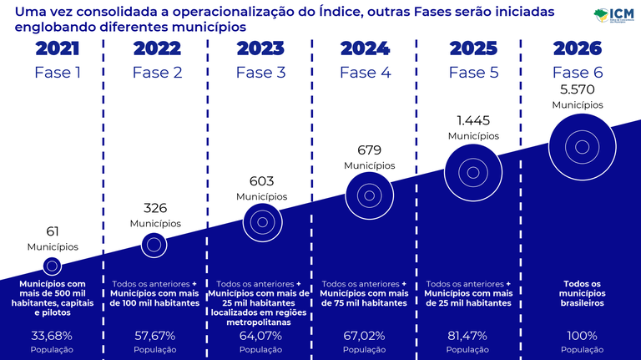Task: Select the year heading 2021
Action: click(58, 48)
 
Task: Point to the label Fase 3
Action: click(260, 72)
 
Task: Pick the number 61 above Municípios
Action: click(53, 231)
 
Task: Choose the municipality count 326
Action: click(155, 207)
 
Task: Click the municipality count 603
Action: click(261, 180)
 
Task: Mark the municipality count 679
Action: click(369, 150)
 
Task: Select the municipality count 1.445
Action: click(473, 120)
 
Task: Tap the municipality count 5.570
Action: click(577, 89)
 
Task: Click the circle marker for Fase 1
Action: click(53, 266)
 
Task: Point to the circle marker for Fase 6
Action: click(577, 144)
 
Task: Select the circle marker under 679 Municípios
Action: click(369, 195)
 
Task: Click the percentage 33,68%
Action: click(52, 336)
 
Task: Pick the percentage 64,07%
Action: click(261, 336)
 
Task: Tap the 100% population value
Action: click(582, 336)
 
